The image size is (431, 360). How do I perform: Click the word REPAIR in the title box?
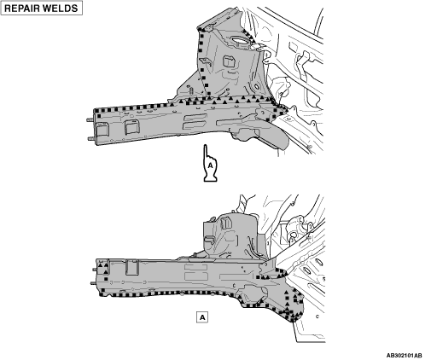click(x=21, y=8)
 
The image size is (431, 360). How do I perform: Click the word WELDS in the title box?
click(x=60, y=8)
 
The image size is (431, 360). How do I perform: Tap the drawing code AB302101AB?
click(x=404, y=356)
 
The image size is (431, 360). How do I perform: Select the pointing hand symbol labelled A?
click(x=210, y=164)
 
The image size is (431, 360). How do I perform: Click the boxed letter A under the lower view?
click(x=202, y=317)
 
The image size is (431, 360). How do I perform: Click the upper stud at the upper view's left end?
click(x=90, y=120)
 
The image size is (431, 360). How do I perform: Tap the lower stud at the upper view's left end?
click(x=90, y=138)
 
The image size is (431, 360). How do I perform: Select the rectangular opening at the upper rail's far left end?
click(x=102, y=130)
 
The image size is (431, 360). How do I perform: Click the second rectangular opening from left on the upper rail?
click(x=132, y=127)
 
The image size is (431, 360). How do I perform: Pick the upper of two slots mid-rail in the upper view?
click(x=195, y=118)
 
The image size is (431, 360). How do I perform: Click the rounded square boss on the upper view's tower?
click(x=230, y=61)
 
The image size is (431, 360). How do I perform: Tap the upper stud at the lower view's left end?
click(x=96, y=270)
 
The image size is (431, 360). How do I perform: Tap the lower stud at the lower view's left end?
click(x=94, y=283)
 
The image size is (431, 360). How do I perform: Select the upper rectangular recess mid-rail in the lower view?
click(x=196, y=267)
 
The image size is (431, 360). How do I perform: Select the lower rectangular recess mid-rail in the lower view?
click(x=196, y=276)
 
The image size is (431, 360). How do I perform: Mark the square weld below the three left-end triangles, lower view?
click(x=106, y=279)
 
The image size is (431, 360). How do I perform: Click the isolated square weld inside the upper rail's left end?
click(x=99, y=116)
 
